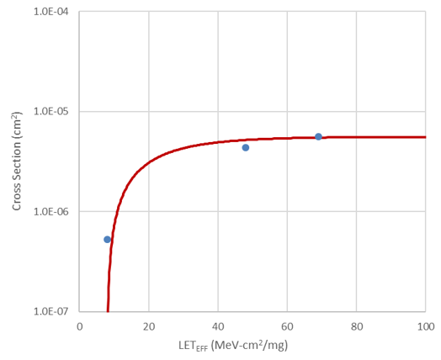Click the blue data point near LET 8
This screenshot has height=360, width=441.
[107, 240]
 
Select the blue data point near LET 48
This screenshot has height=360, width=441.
[246, 147]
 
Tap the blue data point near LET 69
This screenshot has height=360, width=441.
[318, 136]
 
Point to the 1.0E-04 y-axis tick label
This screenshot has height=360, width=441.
[51, 13]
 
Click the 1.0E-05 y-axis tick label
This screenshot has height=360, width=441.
[51, 112]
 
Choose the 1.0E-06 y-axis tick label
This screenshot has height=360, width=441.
[51, 211]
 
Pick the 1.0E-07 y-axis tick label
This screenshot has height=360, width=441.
[51, 310]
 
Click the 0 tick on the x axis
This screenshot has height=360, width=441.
[80, 326]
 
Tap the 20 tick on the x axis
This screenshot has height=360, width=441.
[149, 326]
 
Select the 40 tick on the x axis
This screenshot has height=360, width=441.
[218, 326]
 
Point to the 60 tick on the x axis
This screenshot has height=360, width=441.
[287, 326]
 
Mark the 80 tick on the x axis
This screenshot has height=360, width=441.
[356, 326]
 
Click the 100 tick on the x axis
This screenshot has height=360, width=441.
[425, 326]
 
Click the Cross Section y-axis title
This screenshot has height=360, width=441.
[16, 161]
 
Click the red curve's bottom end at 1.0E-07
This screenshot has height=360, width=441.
[108, 310]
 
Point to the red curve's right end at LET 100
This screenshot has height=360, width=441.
[425, 137]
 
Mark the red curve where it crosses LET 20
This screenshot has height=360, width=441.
[149, 161]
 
